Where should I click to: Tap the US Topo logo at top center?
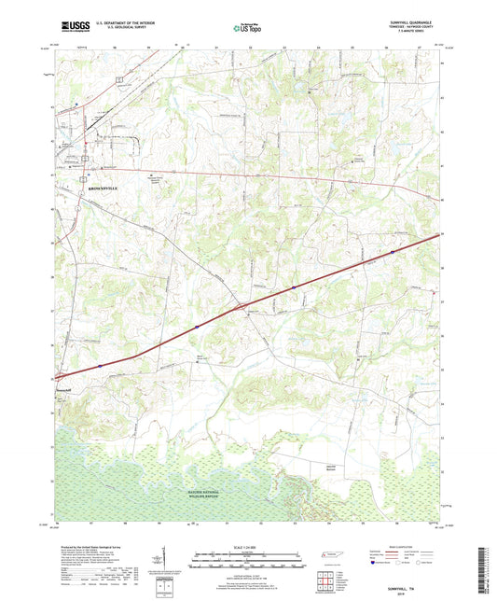pos(246,28)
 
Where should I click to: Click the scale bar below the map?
pos(247,560)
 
